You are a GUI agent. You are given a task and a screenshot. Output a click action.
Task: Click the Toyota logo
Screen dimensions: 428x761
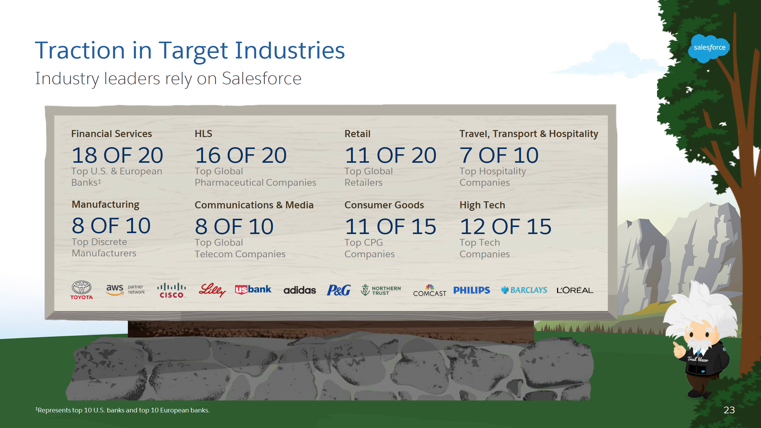[x=81, y=290]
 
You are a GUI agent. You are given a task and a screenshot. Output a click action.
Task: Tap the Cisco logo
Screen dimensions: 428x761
[x=171, y=290]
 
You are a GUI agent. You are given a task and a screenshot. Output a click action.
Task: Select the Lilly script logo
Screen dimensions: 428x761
[x=212, y=289]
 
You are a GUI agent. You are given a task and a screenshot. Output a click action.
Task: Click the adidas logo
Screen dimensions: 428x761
[x=299, y=290]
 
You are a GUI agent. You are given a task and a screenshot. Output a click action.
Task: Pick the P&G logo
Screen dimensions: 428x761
[x=338, y=290]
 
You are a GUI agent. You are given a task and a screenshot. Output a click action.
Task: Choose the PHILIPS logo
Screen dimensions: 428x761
[x=471, y=290]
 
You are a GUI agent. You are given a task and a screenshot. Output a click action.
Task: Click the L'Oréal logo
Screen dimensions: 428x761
[x=574, y=290]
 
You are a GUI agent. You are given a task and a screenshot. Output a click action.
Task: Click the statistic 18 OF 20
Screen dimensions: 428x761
[x=117, y=155]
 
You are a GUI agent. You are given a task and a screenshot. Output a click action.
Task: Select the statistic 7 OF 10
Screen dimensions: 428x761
[x=499, y=155]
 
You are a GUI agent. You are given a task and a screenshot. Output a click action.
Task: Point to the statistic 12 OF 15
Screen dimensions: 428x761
[x=505, y=227]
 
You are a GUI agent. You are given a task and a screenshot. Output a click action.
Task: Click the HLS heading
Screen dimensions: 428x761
[x=203, y=134]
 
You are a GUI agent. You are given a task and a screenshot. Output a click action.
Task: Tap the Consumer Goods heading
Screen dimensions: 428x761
[x=384, y=205]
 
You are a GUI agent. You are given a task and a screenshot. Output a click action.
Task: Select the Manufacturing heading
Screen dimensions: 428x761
[x=105, y=204]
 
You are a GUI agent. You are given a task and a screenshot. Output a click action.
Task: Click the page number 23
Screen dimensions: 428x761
[x=729, y=410]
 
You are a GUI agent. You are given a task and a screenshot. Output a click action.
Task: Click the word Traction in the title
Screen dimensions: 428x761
[x=80, y=50]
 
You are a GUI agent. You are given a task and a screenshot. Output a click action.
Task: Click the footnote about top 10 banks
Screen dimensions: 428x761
[x=123, y=410]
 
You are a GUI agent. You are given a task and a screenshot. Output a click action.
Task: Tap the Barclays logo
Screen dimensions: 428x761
[x=524, y=290]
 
